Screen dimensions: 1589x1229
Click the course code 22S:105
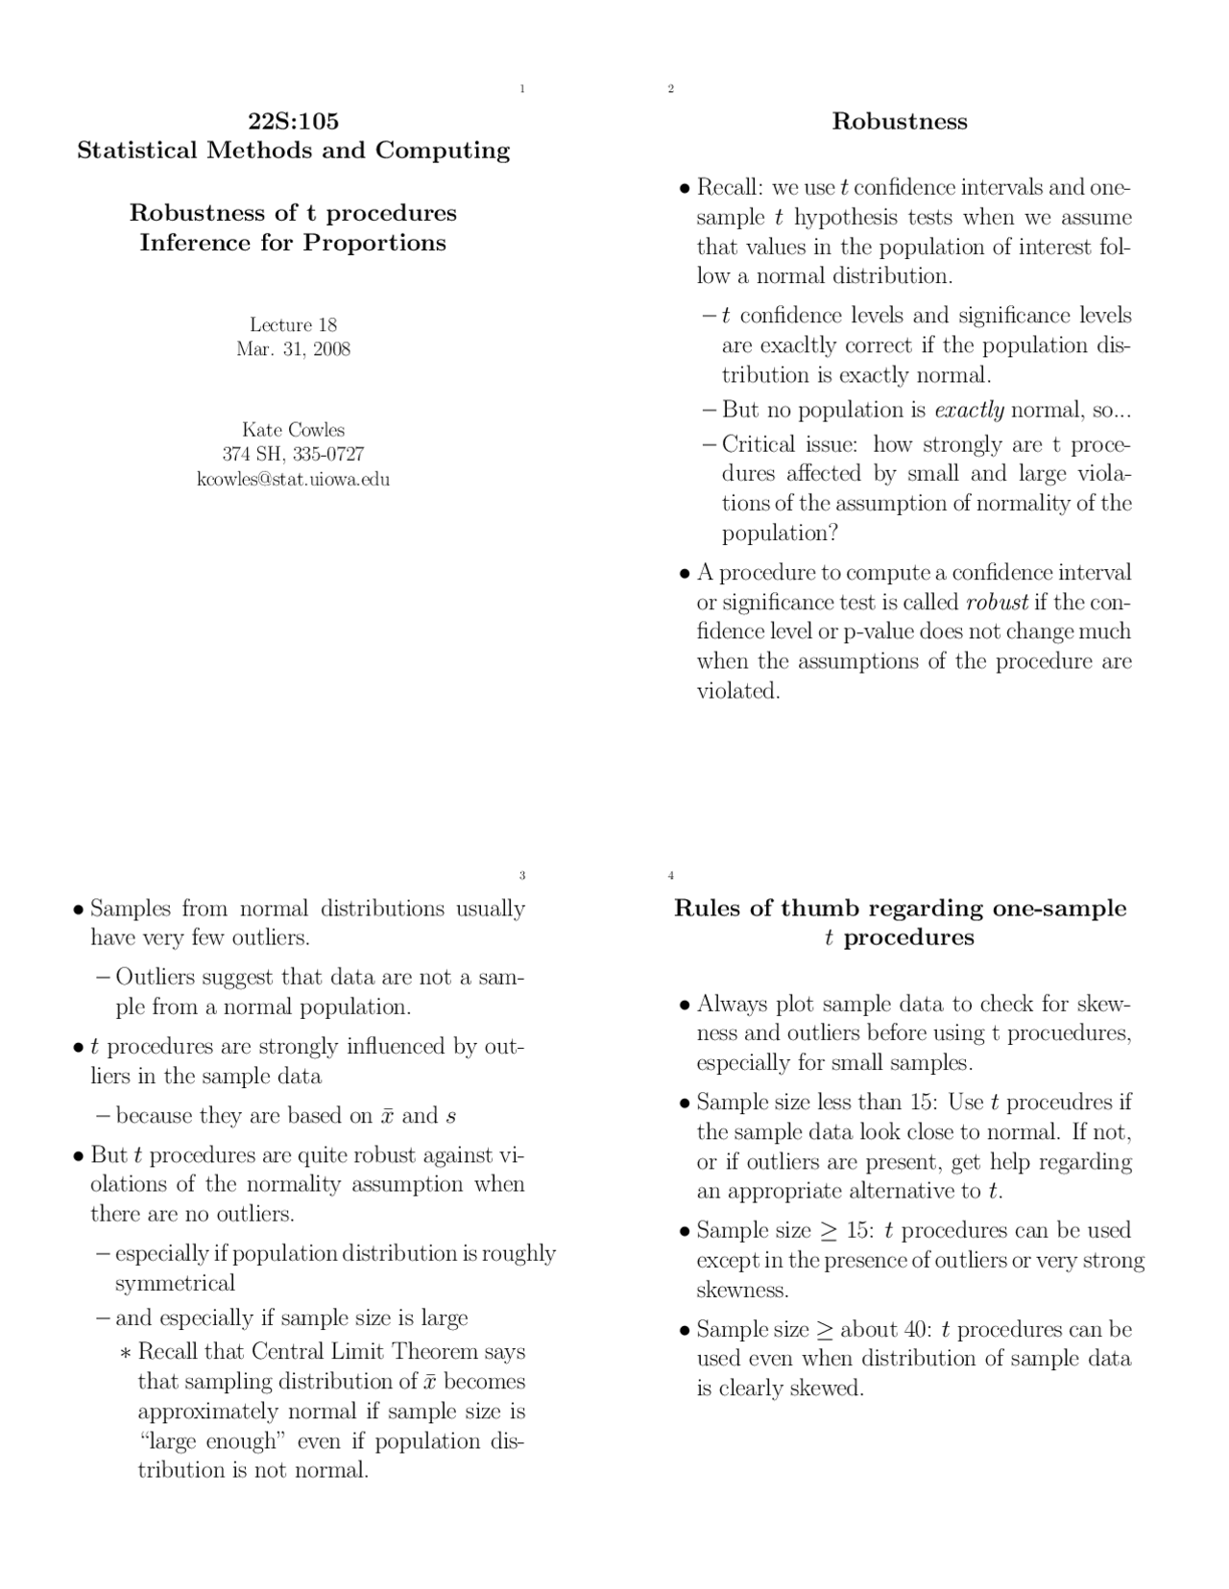pos(293,121)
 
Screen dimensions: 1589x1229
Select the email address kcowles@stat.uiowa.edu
pos(293,479)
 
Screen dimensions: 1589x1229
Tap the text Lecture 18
pos(293,324)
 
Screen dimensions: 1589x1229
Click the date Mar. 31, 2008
pos(293,349)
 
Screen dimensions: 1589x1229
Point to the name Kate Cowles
pos(293,430)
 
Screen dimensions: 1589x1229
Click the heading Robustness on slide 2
pos(899,121)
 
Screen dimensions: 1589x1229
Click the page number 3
pos(521,875)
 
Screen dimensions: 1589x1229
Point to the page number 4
pos(670,875)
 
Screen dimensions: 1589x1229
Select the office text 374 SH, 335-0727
pos(293,455)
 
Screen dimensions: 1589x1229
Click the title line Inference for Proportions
pos(293,243)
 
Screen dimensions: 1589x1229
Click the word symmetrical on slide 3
pos(175,1284)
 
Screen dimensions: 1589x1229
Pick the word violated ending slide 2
pos(737,691)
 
